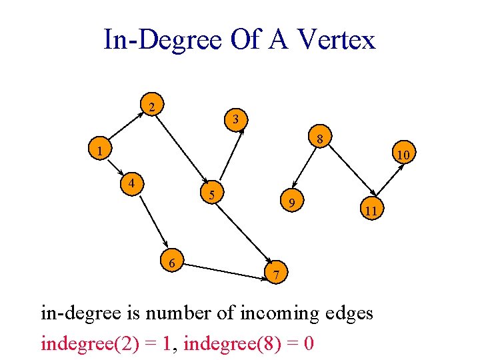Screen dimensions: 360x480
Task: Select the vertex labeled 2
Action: pos(153,107)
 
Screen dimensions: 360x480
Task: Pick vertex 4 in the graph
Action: pos(133,182)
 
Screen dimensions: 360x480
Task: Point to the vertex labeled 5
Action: pos(211,195)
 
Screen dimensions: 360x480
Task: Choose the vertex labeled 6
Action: pos(172,263)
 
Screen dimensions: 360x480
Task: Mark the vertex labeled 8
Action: pos(320,139)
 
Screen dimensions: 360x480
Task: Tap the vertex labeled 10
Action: pos(402,155)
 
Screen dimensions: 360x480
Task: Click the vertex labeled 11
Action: pos(371,211)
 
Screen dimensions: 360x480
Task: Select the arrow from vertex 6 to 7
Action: pos(224,269)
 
